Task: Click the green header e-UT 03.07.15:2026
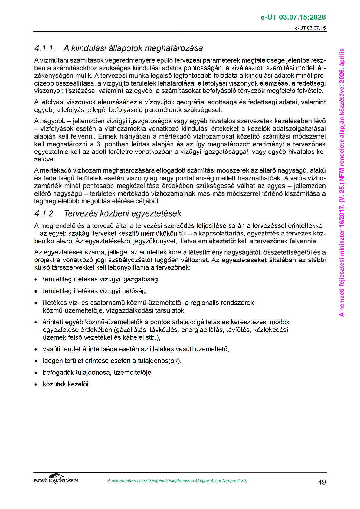(293, 17)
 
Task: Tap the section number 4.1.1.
(45, 48)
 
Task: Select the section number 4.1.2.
(45, 214)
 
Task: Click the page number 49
(322, 482)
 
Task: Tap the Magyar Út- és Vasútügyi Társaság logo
(56, 479)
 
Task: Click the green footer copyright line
(177, 481)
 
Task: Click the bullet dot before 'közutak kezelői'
(36, 385)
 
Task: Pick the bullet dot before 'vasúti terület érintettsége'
(36, 350)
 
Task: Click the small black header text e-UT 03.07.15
(310, 28)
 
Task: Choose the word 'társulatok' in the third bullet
(170, 310)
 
